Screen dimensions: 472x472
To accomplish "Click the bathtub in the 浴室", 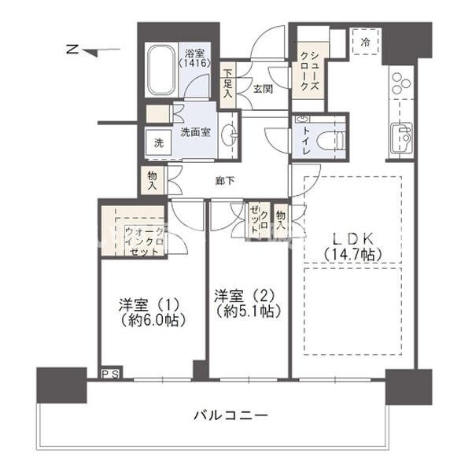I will (160, 71).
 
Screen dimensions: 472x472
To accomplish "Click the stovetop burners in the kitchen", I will (401, 83).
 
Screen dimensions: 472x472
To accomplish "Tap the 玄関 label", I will (262, 89).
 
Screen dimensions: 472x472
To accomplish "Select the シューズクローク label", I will (307, 71).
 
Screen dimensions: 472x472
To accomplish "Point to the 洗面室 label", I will (195, 132).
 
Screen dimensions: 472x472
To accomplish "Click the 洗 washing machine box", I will (158, 143).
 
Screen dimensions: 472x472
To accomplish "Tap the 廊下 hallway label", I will (224, 182).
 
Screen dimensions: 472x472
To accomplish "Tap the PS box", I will (110, 374).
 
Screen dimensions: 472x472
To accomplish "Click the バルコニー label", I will (232, 415).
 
